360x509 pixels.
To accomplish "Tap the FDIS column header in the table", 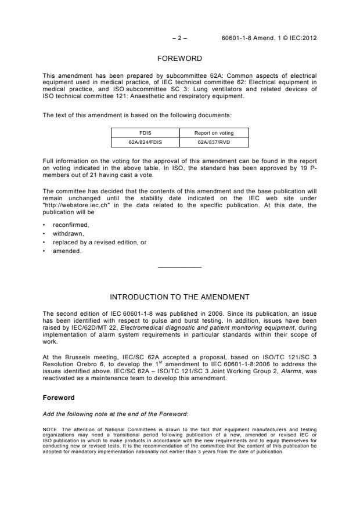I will point(145,133).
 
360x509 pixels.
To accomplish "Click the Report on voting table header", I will point(214,133).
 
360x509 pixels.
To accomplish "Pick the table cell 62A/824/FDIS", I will point(145,142).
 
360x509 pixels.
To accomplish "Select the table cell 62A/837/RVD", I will point(214,142).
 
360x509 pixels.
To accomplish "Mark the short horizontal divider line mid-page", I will point(180,267).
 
